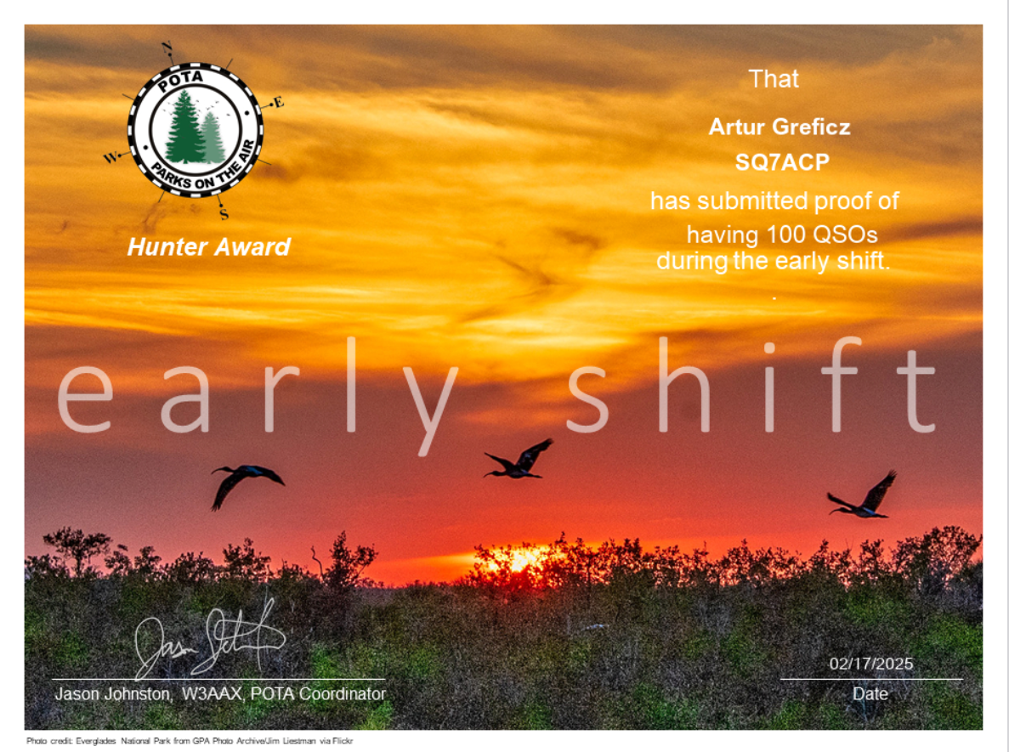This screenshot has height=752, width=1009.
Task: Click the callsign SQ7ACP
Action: [782, 162]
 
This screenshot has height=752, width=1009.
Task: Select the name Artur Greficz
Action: [779, 127]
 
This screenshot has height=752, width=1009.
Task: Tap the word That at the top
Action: [774, 78]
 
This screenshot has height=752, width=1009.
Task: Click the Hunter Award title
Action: [209, 247]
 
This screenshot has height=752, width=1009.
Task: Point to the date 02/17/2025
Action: [870, 664]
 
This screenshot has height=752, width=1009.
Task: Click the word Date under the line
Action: [870, 693]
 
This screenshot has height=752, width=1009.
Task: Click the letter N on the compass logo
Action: [167, 47]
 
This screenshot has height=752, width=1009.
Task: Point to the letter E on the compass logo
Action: [278, 103]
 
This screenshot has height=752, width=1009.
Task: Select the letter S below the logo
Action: [224, 214]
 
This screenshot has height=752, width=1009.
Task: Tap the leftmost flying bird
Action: [245, 484]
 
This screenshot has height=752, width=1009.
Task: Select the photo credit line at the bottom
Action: [190, 741]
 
